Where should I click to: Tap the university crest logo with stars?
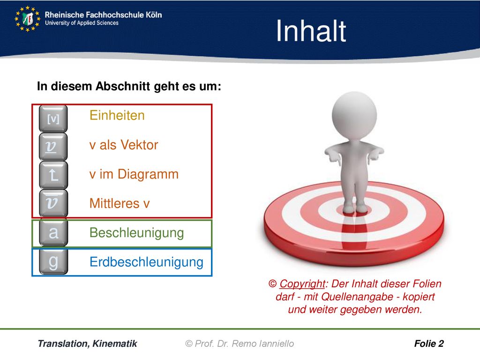pos(27,19)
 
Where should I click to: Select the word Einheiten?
pos(117,115)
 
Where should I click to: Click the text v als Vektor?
pos(124,145)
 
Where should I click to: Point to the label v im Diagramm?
pos(134,174)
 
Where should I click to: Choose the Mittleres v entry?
pos(120,203)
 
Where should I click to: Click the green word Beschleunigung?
pos(136,233)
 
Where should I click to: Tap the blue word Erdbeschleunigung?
pos(146,262)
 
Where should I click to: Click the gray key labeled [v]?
pos(53,119)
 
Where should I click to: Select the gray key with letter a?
pos(53,233)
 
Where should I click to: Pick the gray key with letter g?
pos(53,262)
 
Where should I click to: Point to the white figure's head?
pos(354,115)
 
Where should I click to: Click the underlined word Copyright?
pos(302,284)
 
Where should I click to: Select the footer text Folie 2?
pos(429,344)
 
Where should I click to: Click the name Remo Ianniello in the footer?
pos(262,344)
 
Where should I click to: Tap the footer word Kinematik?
pos(115,344)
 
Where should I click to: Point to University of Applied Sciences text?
pos(82,23)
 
